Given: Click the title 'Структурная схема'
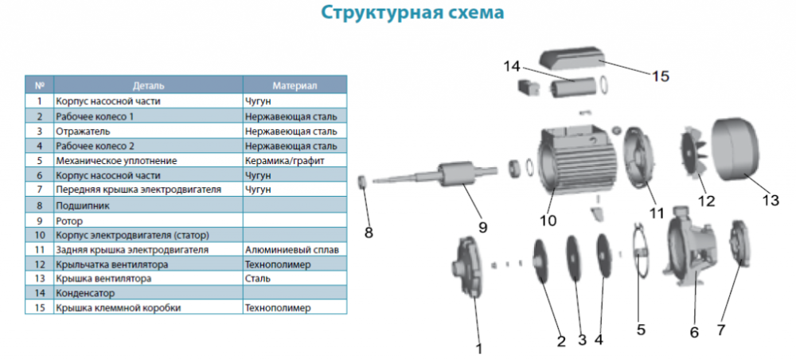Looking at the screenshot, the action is [412, 13].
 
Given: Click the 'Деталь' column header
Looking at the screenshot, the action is [148, 86].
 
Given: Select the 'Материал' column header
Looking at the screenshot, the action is [295, 86].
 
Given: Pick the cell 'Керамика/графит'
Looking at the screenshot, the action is [284, 161].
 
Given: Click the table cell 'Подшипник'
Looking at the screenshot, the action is [83, 205].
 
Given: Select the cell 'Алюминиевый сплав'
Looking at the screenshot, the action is [291, 250].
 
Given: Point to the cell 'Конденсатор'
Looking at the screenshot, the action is [85, 293].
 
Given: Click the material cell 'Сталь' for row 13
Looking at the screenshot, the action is [257, 279].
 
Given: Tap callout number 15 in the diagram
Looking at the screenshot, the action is [661, 76].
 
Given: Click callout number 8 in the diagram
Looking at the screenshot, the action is [369, 233].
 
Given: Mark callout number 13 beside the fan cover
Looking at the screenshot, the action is [770, 201].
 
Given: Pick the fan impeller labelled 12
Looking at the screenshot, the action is [696, 152].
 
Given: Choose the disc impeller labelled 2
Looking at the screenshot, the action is [541, 260].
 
